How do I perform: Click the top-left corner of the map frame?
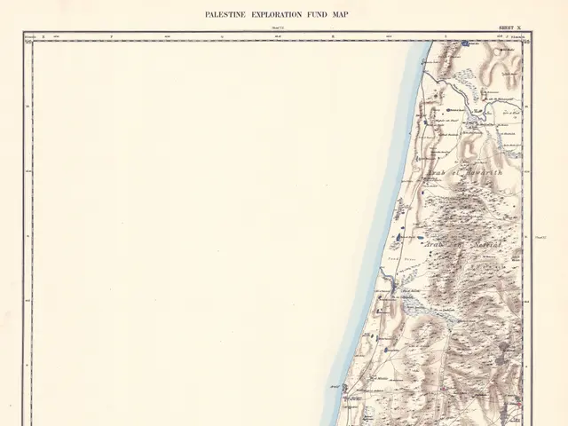[24, 34]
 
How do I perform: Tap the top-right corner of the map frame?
[532, 34]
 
